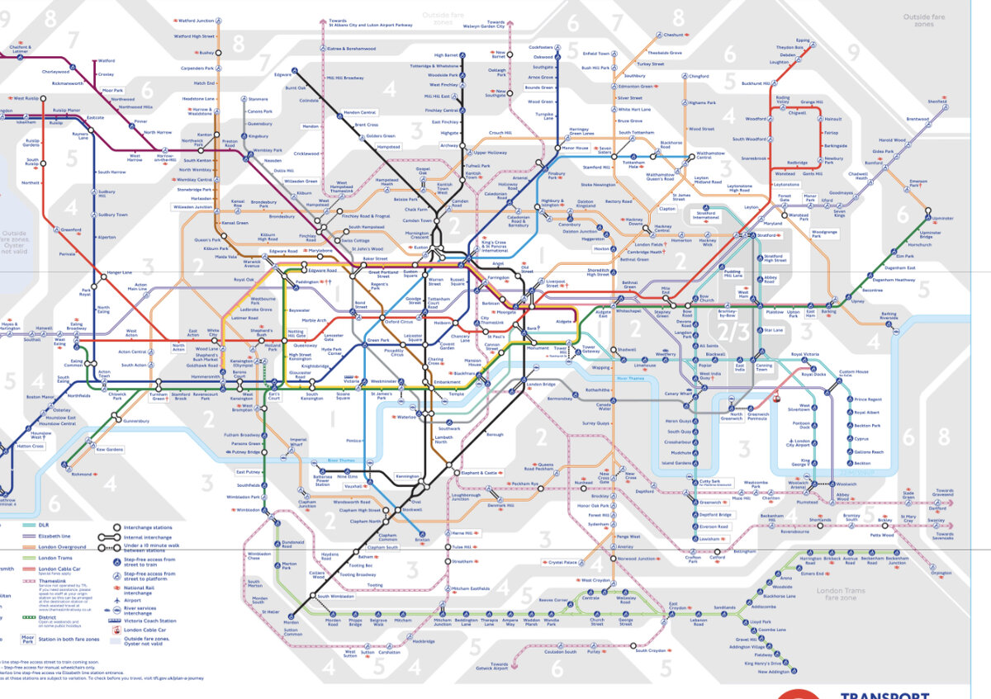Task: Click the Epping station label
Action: pos(803,40)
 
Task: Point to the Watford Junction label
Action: pos(196,21)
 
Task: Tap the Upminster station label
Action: pos(919,219)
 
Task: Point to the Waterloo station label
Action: pos(405,418)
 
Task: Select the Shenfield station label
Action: pos(936,102)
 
